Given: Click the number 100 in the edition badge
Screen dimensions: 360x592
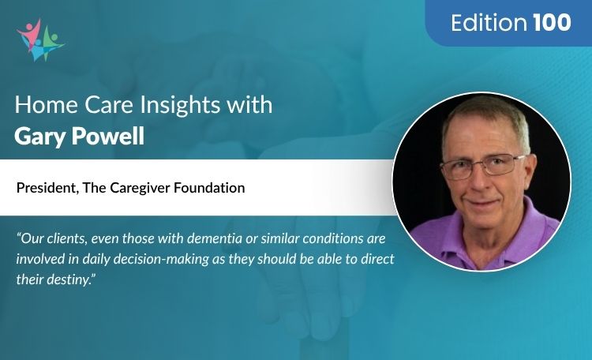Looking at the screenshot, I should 552,23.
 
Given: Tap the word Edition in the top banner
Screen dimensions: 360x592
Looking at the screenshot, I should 489,23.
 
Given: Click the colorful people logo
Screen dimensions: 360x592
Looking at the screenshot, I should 39,39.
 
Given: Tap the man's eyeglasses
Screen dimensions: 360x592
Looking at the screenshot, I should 481,167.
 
